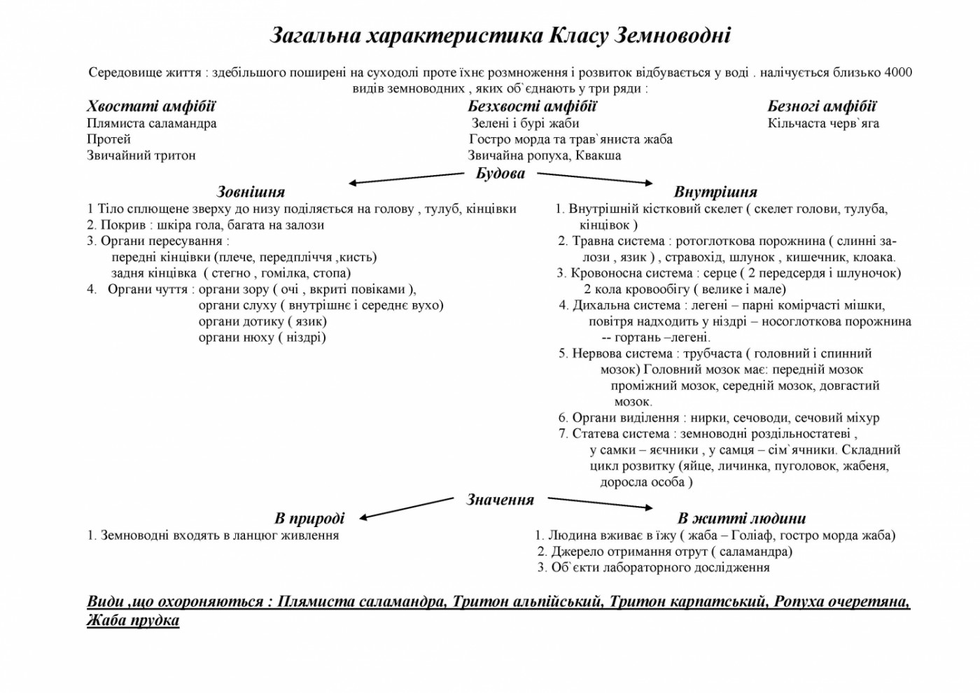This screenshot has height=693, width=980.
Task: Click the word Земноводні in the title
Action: pyautogui.click(x=672, y=36)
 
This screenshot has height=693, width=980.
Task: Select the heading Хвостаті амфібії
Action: pyautogui.click(x=151, y=106)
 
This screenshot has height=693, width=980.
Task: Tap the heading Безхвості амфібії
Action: pyautogui.click(x=532, y=106)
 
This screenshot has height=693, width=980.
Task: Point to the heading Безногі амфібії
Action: pyautogui.click(x=822, y=106)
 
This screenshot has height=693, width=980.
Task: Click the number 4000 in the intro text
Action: pyautogui.click(x=898, y=73)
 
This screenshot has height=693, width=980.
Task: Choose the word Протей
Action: pyautogui.click(x=108, y=139)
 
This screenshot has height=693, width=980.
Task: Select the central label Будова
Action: pyautogui.click(x=500, y=174)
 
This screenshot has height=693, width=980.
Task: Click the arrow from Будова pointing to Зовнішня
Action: pyautogui.click(x=406, y=178)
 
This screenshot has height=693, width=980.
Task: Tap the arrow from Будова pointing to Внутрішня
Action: pyautogui.click(x=595, y=178)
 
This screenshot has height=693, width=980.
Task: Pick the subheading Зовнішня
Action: pyautogui.click(x=251, y=192)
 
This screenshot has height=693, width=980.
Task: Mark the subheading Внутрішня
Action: pyautogui.click(x=715, y=192)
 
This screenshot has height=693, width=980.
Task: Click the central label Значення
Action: pyautogui.click(x=500, y=500)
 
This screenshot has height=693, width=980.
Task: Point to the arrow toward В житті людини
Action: pyautogui.click(x=599, y=503)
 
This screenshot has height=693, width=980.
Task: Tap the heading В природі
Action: pyautogui.click(x=309, y=519)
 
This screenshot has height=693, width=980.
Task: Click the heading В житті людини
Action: pyautogui.click(x=741, y=519)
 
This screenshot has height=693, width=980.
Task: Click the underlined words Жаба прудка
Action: pyautogui.click(x=133, y=620)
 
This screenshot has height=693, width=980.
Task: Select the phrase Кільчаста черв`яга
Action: pyautogui.click(x=823, y=123)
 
